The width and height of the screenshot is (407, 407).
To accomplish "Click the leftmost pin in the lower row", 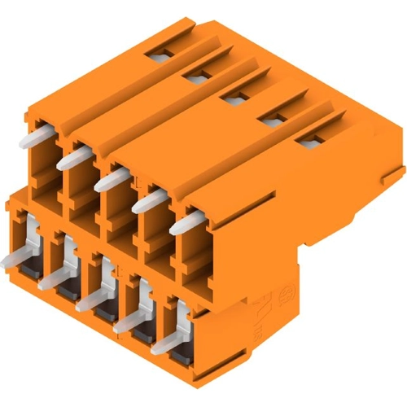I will pos(15,259).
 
